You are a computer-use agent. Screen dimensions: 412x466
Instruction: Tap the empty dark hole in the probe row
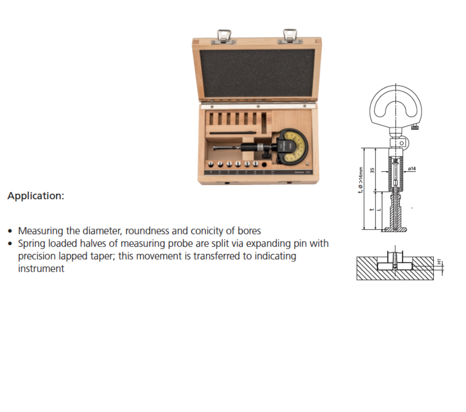tap(264, 165)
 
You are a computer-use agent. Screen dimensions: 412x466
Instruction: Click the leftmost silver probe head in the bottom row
tap(211, 165)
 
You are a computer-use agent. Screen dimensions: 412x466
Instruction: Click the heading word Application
tap(36, 196)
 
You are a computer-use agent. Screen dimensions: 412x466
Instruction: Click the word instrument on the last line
tap(41, 269)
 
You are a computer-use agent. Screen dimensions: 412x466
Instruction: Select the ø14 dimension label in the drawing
tap(412, 169)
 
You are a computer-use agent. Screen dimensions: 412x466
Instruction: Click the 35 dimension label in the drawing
tap(373, 170)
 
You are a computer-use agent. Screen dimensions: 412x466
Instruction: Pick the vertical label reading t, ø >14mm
tap(362, 179)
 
